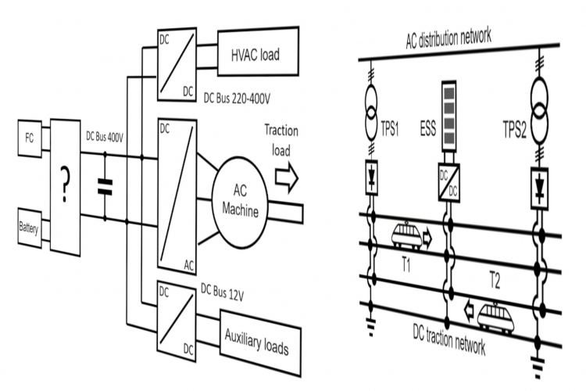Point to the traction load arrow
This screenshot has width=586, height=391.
(287, 179)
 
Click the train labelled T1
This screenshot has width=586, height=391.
(407, 234)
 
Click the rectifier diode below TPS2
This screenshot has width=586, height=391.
(538, 187)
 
